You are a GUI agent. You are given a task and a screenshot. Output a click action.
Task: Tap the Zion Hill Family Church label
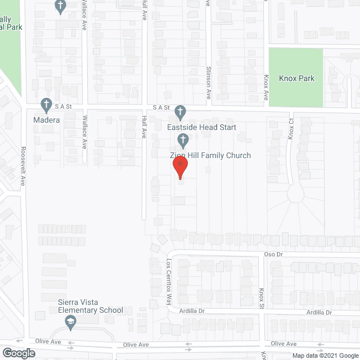click(x=206, y=155)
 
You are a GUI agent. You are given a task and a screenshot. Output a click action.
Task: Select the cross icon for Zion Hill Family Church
click(x=182, y=139)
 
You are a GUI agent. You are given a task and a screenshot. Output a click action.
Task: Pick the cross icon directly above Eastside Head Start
click(x=180, y=111)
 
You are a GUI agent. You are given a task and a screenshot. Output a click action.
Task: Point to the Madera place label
click(x=46, y=119)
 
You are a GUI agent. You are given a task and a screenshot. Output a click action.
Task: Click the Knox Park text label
click(x=296, y=78)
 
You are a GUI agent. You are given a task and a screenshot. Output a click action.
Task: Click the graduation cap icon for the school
click(x=70, y=322)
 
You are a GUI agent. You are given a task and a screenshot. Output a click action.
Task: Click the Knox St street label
click(x=262, y=299)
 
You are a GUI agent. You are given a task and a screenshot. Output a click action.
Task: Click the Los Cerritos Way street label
click(x=168, y=281)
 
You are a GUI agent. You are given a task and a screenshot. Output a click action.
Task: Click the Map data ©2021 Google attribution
click(x=324, y=355)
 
